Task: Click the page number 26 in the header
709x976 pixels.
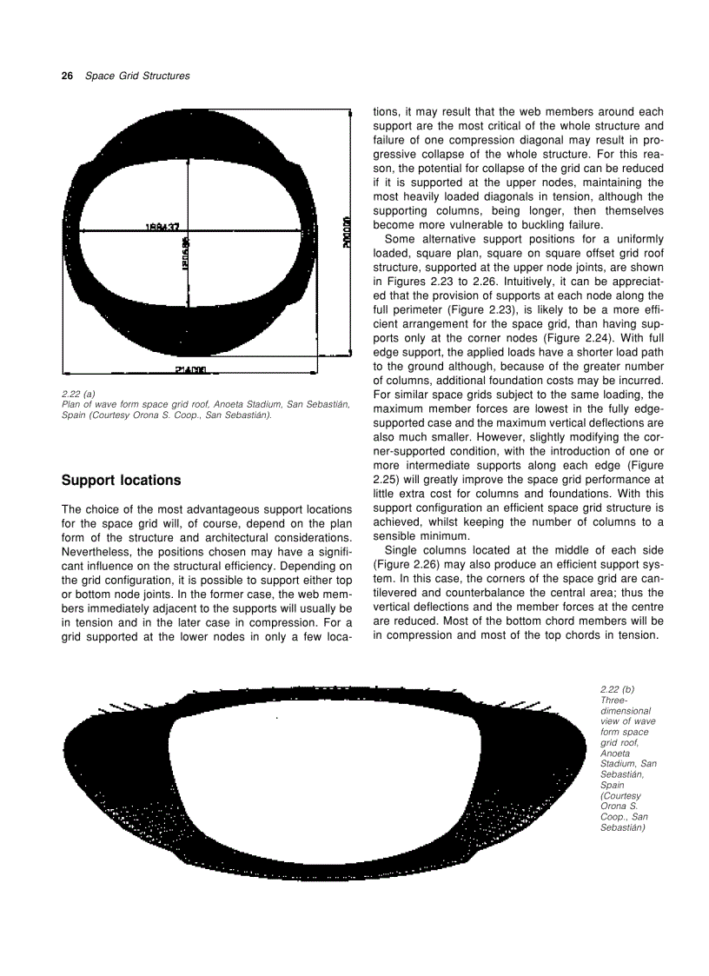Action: [x=66, y=76]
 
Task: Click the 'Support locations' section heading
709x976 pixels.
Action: [x=121, y=481]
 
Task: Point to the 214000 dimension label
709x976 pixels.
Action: [x=189, y=369]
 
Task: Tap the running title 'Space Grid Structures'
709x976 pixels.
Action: [x=137, y=76]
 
